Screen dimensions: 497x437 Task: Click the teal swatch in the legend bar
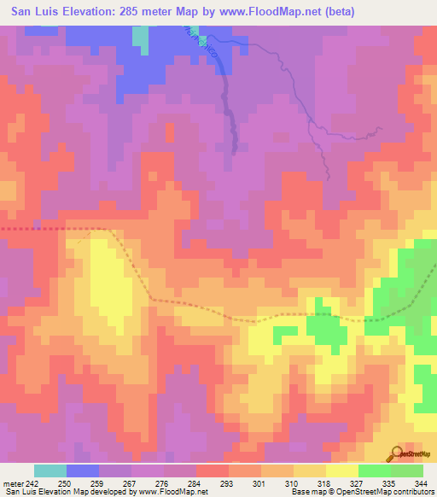click(50, 471)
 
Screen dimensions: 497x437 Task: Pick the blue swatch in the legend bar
click(83, 471)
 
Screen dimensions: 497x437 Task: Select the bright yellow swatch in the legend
click(342, 471)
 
